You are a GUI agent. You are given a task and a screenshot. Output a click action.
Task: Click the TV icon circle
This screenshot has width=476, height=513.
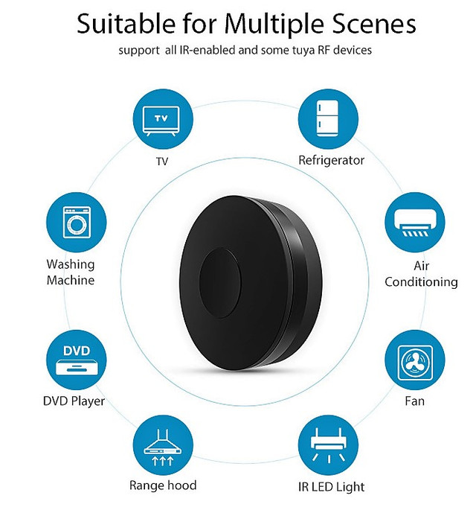(x=163, y=119)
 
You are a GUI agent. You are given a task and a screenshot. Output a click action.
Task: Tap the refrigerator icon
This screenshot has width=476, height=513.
(x=328, y=119)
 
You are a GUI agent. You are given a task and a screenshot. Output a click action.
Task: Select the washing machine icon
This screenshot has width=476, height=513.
(x=76, y=222)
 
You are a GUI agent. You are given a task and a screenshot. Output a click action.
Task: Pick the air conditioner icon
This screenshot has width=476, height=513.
(x=414, y=222)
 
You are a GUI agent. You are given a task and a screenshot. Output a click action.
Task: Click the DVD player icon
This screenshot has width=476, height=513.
(x=76, y=360)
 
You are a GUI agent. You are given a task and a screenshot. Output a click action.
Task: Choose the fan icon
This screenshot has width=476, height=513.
(x=414, y=360)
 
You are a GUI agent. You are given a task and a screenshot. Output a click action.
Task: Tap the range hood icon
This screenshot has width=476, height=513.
(x=163, y=445)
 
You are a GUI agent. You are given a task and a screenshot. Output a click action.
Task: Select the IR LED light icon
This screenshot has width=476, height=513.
(x=328, y=445)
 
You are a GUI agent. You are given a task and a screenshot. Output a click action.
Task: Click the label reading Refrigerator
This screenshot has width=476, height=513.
(x=331, y=160)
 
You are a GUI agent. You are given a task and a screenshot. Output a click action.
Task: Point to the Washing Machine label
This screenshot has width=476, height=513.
(x=71, y=273)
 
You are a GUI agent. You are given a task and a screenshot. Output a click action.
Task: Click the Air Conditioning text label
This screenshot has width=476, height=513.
(x=421, y=274)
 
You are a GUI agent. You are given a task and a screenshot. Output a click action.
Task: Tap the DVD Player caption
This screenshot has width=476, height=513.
(x=74, y=401)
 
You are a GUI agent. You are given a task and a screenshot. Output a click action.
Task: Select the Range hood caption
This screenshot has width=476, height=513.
(x=163, y=485)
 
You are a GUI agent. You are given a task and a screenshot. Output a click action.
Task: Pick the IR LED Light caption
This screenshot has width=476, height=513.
(x=331, y=487)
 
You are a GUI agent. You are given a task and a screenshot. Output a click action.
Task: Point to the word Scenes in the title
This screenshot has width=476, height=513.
(x=375, y=24)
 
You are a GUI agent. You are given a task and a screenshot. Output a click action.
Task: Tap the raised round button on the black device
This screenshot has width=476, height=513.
(x=220, y=283)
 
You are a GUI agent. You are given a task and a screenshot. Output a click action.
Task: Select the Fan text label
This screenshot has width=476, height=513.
(x=414, y=401)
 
